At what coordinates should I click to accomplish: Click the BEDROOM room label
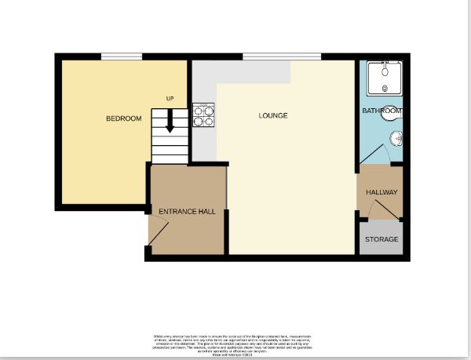[x=124, y=118]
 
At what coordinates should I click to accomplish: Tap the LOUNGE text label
[x=273, y=115]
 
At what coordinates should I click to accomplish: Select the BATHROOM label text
[x=382, y=111]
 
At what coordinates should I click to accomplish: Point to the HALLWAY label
[x=382, y=192]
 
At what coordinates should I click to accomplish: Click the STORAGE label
[x=382, y=239]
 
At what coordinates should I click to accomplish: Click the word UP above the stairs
[x=170, y=98]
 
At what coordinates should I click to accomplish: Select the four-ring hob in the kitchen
[x=204, y=116]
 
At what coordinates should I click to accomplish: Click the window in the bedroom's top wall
[x=122, y=56]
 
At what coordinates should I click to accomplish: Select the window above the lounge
[x=281, y=56]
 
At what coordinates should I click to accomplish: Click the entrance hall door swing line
[x=159, y=232]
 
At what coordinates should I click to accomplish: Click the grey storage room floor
[x=382, y=248]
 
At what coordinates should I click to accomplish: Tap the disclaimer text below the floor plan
[x=236, y=342]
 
